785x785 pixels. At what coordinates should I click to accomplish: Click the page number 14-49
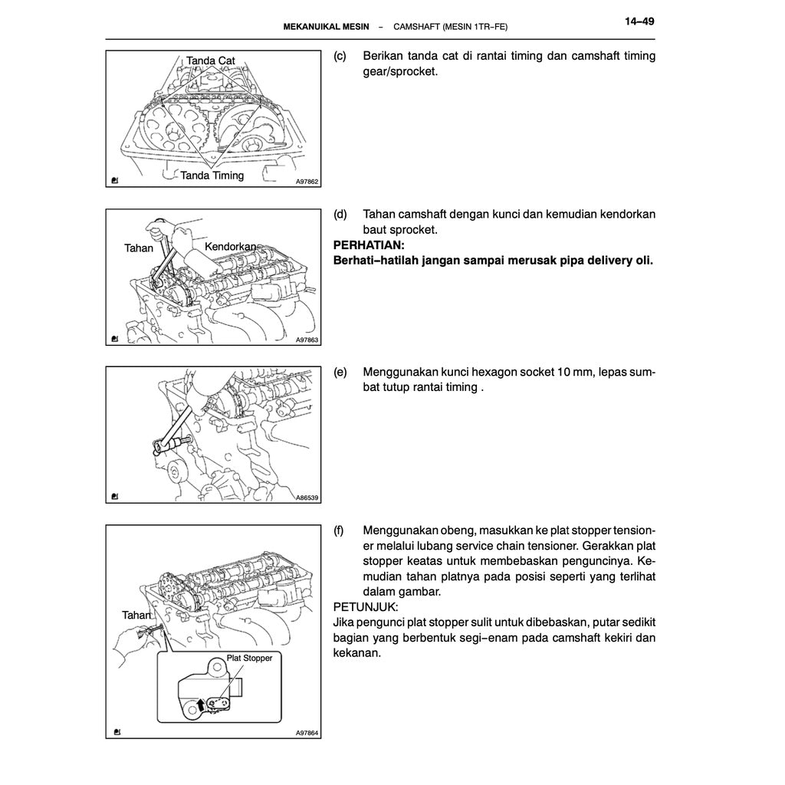coord(639,21)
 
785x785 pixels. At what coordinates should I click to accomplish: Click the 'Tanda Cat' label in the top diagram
coord(210,61)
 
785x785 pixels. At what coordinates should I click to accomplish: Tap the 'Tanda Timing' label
coord(212,176)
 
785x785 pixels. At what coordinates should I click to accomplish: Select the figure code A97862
coord(307,182)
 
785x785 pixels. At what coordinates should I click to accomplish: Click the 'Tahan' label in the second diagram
coord(139,248)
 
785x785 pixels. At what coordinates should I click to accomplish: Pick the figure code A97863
coord(307,340)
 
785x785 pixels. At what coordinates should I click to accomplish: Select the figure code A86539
coord(307,498)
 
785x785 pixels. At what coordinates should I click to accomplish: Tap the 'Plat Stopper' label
coord(249,658)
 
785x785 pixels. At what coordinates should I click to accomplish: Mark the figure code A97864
coord(307,733)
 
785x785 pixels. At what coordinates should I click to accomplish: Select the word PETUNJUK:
coord(366,606)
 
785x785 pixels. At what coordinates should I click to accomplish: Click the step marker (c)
coord(340,56)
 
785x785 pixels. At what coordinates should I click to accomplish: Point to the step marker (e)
coord(340,372)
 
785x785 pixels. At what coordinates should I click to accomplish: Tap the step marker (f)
coord(340,530)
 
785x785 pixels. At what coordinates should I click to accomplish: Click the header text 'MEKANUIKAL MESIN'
coord(327,27)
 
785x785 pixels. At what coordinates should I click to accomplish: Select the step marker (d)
coord(340,214)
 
